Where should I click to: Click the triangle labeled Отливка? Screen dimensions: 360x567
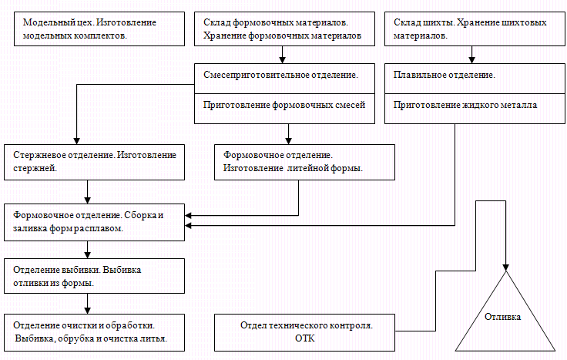click(x=506, y=316)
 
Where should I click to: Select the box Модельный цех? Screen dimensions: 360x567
click(x=96, y=29)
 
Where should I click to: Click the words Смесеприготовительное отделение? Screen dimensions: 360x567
click(x=280, y=76)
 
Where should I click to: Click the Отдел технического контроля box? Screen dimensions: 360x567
click(x=307, y=332)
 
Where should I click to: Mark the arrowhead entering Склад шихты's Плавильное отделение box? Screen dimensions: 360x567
click(x=471, y=58)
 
